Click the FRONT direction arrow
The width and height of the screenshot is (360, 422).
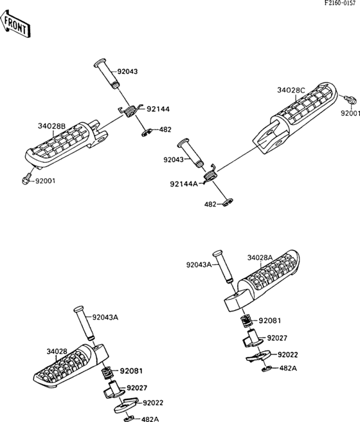pyautogui.click(x=15, y=24)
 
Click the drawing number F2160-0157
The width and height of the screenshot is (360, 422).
pyautogui.click(x=342, y=3)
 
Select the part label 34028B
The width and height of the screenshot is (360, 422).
pyautogui.click(x=51, y=126)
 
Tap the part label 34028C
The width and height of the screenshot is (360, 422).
pyautogui.click(x=291, y=90)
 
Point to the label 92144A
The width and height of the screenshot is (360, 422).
pyautogui.click(x=184, y=184)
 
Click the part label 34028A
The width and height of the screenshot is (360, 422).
pyautogui.click(x=260, y=258)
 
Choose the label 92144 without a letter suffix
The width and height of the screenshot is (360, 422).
pyautogui.click(x=158, y=109)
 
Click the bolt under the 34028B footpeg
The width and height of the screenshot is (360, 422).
pyautogui.click(x=26, y=179)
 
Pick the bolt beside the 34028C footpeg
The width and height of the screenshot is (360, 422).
pyautogui.click(x=350, y=100)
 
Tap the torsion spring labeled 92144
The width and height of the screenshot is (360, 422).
pyautogui.click(x=131, y=111)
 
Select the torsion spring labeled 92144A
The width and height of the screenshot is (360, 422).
pyautogui.click(x=210, y=175)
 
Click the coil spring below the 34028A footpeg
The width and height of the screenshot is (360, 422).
pyautogui.click(x=247, y=321)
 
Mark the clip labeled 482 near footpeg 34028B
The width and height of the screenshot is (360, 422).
pyautogui.click(x=147, y=133)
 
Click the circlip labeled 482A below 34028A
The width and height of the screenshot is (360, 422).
pyautogui.click(x=267, y=369)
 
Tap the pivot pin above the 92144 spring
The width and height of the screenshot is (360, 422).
pyautogui.click(x=107, y=73)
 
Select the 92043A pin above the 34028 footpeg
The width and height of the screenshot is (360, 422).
pyautogui.click(x=84, y=323)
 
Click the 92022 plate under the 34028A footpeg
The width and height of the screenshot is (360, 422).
pyautogui.click(x=258, y=356)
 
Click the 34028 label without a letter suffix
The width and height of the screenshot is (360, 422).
pyautogui.click(x=57, y=351)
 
